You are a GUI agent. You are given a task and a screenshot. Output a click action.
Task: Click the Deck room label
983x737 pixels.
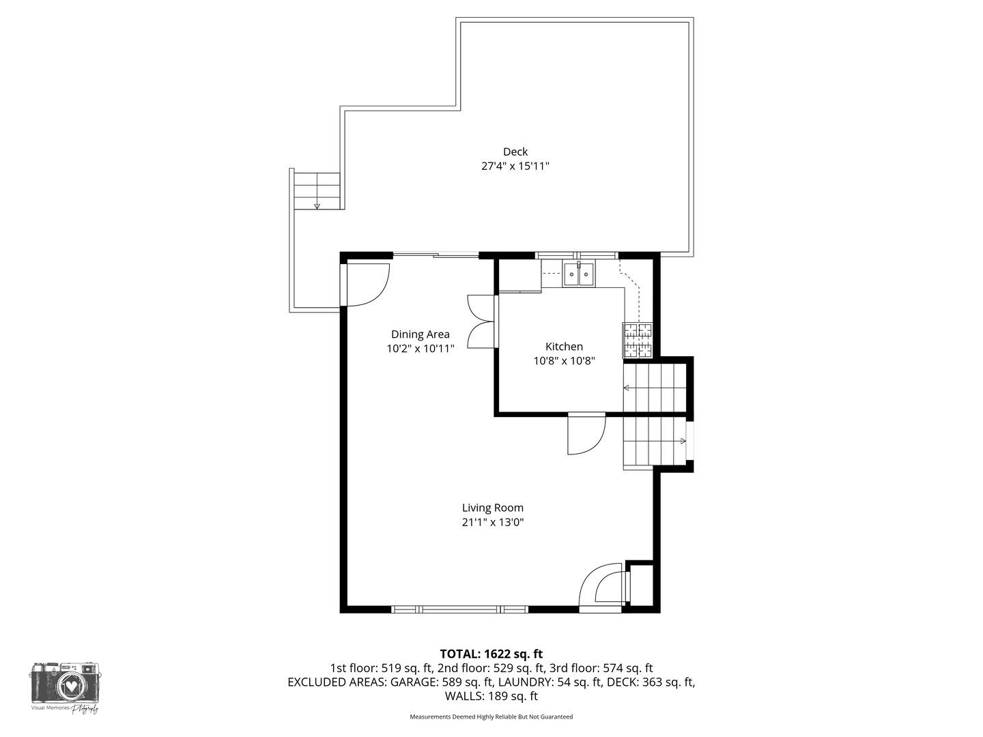pyautogui.click(x=515, y=151)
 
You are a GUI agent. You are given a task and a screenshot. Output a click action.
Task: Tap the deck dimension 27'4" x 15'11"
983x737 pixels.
pyautogui.click(x=515, y=166)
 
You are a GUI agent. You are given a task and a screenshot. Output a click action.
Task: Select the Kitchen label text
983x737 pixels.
pyautogui.click(x=564, y=347)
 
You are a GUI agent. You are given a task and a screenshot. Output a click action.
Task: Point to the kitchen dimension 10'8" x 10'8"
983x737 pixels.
pyautogui.click(x=564, y=361)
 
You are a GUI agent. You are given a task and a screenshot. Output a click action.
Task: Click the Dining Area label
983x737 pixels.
pyautogui.click(x=420, y=334)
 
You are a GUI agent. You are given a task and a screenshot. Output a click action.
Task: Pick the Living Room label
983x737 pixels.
pyautogui.click(x=492, y=508)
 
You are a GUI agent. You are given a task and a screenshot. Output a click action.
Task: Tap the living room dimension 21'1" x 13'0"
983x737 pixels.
pyautogui.click(x=492, y=523)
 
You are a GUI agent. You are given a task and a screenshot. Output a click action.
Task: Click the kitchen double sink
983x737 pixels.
pyautogui.click(x=578, y=275)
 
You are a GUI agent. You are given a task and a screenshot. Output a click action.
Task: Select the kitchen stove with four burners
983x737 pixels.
pyautogui.click(x=637, y=341)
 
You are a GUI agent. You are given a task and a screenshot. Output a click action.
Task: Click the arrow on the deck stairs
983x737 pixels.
pyautogui.click(x=317, y=205)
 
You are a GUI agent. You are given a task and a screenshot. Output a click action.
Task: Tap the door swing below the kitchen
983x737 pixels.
pyautogui.click(x=586, y=435)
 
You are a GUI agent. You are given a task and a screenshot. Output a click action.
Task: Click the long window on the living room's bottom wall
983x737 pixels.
pyautogui.click(x=459, y=609)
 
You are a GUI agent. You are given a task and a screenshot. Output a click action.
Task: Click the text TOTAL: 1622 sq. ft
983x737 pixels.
pyautogui.click(x=491, y=654)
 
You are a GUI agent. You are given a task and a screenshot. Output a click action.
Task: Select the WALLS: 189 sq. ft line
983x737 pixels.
pyautogui.click(x=491, y=696)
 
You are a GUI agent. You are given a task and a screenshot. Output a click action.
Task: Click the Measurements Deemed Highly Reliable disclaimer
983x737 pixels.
pyautogui.click(x=491, y=717)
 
